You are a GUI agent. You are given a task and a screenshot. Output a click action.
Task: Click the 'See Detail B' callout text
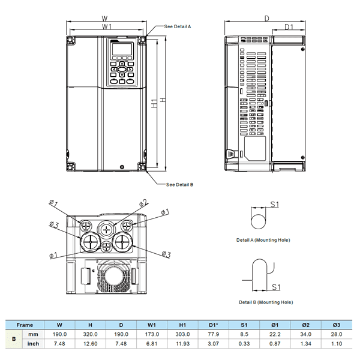pos(179,185)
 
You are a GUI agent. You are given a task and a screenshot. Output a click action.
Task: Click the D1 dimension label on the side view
pos(288,28)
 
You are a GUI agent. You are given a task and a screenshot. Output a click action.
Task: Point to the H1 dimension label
pos(154,103)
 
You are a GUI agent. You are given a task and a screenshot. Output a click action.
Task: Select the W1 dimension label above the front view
pos(107,28)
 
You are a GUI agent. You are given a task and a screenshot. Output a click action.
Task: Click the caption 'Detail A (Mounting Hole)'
pos(263,240)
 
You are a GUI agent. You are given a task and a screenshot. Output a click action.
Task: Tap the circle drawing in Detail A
pos(258,219)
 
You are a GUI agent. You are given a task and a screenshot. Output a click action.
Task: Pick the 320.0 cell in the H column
pos(91,334)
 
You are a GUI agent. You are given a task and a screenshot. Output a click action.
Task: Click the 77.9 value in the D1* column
pos(214,334)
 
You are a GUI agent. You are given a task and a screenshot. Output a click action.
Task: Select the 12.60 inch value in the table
pos(91,344)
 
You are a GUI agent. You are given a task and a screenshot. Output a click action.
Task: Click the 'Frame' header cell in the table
pos(25,324)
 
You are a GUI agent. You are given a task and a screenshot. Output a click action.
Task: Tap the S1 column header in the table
pos(244,324)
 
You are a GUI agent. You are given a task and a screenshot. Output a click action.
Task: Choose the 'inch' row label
pos(34,344)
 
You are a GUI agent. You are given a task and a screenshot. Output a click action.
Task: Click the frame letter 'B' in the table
pos(14,339)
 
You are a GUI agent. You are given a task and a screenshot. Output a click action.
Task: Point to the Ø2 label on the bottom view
pos(143,202)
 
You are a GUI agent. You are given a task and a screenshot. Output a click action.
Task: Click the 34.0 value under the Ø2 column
pos(305,334)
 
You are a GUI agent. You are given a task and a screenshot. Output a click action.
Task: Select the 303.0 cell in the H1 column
pos(183,334)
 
